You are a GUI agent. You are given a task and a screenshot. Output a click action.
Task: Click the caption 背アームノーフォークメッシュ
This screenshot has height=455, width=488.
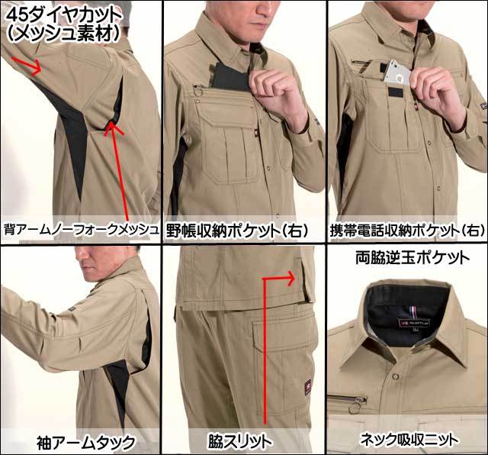coord(81,230)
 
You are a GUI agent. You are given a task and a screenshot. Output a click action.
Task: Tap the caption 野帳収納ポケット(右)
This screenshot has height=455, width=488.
coord(237,231)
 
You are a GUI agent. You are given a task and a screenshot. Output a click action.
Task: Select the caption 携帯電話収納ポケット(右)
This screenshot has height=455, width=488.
coord(407,231)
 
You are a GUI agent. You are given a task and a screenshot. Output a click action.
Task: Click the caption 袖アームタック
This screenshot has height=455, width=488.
coord(86,442)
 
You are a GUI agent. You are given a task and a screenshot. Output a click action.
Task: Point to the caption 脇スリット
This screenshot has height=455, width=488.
coord(240,441)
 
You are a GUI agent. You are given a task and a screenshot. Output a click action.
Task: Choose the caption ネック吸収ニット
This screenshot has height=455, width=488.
coord(409,440)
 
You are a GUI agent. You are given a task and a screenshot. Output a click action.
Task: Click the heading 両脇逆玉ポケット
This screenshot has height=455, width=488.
coord(413,258)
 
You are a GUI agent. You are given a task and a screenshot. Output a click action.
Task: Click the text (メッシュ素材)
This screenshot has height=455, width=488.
coord(63,34)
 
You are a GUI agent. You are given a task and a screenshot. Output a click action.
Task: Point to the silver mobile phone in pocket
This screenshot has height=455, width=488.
coord(397,73)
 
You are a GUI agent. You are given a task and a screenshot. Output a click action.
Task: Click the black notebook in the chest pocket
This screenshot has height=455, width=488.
coord(230,76)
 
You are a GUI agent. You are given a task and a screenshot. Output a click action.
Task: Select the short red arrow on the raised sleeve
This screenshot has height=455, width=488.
coord(27,65)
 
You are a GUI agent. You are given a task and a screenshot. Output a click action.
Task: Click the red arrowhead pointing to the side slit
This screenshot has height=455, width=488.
coord(289,278)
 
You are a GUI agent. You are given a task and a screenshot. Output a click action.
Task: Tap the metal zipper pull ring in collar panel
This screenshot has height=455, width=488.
coord(353,408)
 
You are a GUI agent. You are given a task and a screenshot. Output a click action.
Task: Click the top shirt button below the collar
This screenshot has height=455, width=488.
coord(396,376)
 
